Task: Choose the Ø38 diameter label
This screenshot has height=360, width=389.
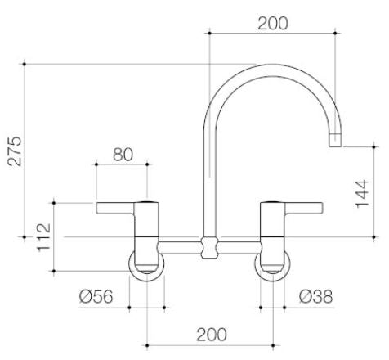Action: pos(315,297)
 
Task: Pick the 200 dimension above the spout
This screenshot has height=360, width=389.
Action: pos(272,22)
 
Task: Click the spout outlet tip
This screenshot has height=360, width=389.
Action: pos(335,141)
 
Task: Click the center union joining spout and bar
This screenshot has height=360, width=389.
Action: pos(210,245)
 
